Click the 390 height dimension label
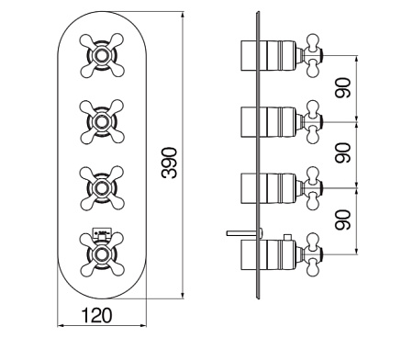(x=170, y=163)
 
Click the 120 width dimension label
(x=96, y=315)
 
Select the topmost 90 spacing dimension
(x=342, y=88)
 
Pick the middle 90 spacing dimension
(x=342, y=152)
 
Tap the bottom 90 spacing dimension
(x=342, y=219)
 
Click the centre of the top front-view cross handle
(x=102, y=55)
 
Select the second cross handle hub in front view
(x=102, y=121)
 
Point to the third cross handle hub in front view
(x=102, y=188)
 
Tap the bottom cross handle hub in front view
(x=102, y=254)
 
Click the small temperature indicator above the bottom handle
(x=102, y=233)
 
